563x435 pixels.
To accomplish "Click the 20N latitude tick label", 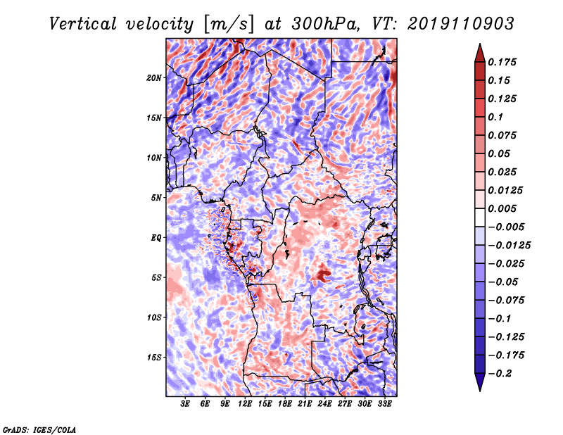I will (154, 77).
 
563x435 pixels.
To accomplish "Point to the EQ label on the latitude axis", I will (157, 237).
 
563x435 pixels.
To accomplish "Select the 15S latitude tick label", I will (154, 357).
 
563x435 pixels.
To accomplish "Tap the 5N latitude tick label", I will (156, 197).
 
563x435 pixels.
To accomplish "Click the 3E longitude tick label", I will (186, 404).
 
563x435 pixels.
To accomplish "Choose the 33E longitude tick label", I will (385, 404).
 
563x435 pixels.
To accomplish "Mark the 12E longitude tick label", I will (246, 404).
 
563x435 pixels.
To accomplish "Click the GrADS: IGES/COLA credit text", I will (39, 428).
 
